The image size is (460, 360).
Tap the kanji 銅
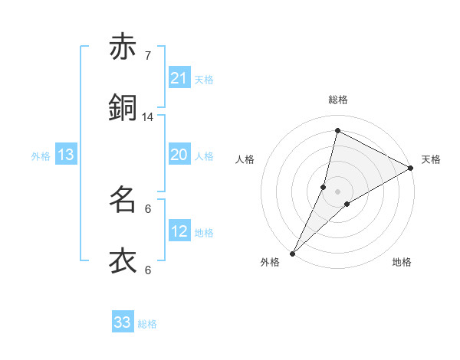[123, 108]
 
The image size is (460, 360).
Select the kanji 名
[123, 200]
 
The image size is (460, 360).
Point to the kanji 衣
[123, 261]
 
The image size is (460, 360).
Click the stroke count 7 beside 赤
[148, 55]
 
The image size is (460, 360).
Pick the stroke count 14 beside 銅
[148, 116]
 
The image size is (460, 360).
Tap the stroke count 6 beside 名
[148, 208]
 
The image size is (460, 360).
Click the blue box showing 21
[179, 77]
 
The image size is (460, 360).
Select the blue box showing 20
[179, 155]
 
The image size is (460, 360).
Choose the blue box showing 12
[179, 231]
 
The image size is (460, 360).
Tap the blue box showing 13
[66, 155]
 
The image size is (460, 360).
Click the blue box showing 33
[123, 322]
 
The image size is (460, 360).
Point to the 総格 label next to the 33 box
[148, 324]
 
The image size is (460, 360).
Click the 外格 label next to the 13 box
[41, 156]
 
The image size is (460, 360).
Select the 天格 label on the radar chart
[431, 159]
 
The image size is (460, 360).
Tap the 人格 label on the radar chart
[245, 159]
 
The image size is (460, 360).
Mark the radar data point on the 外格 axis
[293, 253]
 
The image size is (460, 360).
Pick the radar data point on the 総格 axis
[337, 130]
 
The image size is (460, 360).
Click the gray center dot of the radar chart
[337, 191]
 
